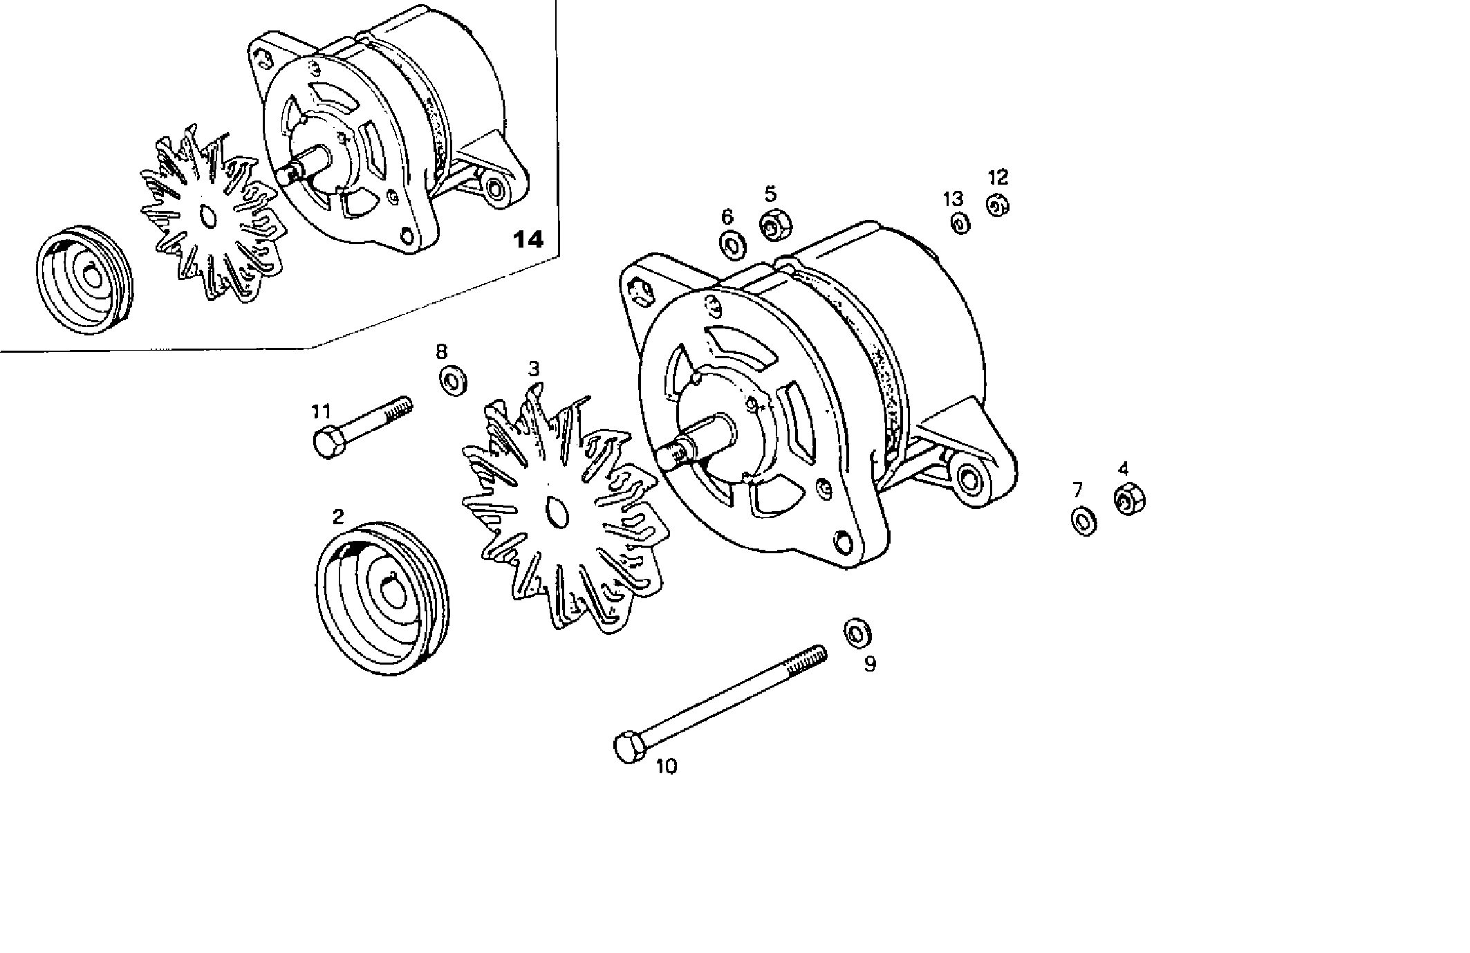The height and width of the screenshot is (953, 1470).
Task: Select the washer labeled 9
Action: tap(857, 633)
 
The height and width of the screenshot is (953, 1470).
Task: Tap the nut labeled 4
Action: tap(1129, 499)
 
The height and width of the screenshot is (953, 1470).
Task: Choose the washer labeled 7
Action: tap(1083, 521)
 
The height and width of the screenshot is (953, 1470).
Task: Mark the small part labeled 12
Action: tap(996, 206)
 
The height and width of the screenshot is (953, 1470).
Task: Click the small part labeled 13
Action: tap(960, 223)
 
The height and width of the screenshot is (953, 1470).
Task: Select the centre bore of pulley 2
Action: tap(393, 592)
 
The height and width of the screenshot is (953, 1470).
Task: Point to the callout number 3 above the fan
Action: tap(534, 369)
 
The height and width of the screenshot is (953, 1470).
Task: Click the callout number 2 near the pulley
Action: tap(337, 517)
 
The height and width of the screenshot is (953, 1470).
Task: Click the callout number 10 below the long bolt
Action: tap(667, 766)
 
